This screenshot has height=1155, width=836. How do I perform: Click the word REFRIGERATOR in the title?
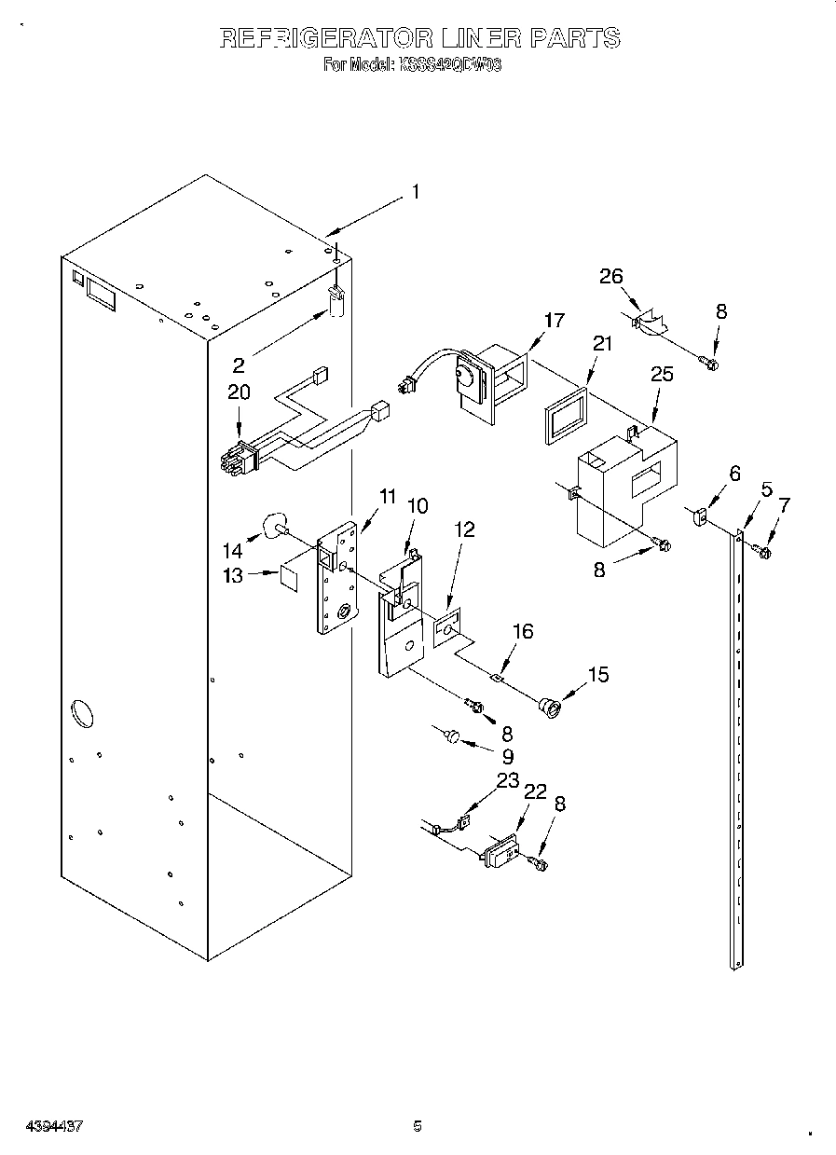(326, 38)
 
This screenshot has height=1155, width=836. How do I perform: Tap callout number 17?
(555, 321)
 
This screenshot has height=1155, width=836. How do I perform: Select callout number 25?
(661, 374)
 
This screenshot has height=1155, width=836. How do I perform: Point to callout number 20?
(239, 392)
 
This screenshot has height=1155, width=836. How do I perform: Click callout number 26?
(610, 276)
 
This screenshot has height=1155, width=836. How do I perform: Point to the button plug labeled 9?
(451, 737)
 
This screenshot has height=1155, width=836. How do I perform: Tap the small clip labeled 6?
(702, 514)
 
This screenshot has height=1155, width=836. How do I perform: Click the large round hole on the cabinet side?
(81, 715)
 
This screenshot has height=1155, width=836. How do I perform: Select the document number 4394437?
(43, 1126)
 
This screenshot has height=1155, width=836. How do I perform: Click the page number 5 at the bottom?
(418, 1126)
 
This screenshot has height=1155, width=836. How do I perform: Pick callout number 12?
(464, 530)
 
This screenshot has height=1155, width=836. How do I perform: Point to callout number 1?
(415, 192)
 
